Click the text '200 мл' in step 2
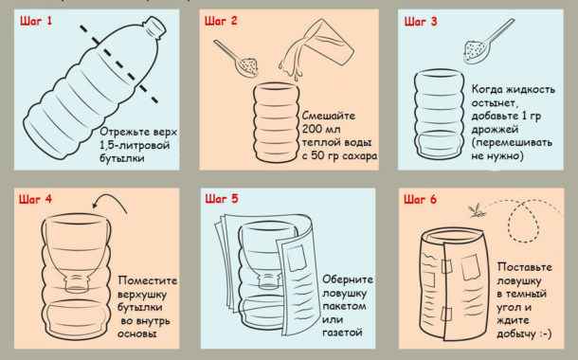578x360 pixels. (x=311, y=125)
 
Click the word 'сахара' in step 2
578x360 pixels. (x=353, y=154)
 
